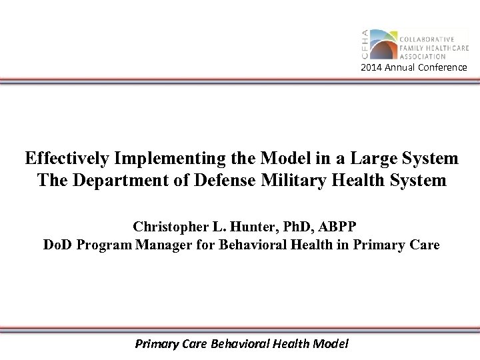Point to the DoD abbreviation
tap(57, 245)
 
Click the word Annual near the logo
tap(401, 69)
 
